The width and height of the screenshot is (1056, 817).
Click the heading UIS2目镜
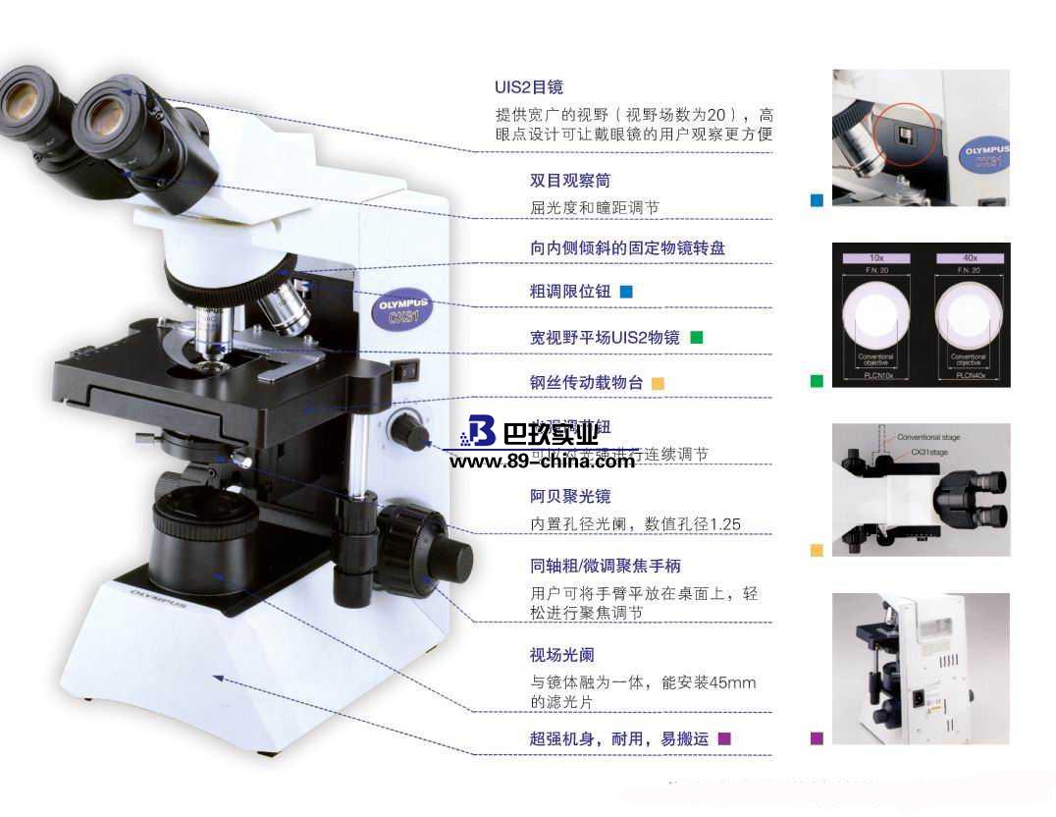529,87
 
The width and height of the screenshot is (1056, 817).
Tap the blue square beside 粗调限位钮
626,292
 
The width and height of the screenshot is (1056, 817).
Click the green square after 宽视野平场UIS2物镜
697,337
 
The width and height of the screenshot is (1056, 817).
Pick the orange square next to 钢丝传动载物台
658,383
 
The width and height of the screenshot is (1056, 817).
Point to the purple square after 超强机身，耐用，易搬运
724,738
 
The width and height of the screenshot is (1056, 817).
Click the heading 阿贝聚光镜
570,496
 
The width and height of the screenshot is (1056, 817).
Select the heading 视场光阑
562,655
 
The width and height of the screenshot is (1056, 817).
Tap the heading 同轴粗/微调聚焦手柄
605,566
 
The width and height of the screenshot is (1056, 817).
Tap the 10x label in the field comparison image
875,257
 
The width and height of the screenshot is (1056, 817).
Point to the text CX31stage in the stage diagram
929,452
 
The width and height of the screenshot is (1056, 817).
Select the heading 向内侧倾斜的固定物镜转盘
627,248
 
